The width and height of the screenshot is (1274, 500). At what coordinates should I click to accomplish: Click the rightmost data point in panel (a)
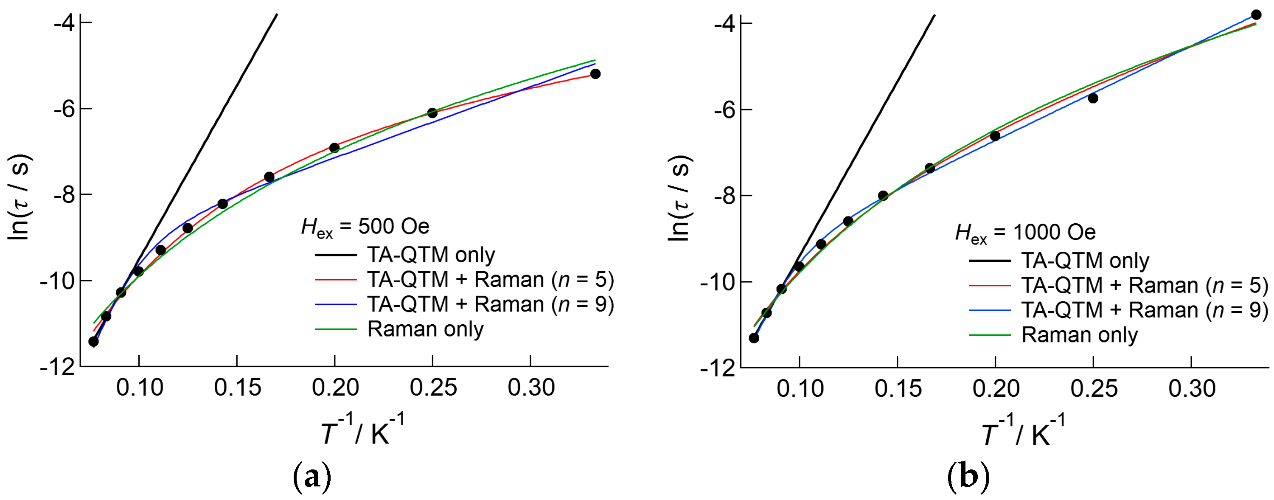tap(595, 74)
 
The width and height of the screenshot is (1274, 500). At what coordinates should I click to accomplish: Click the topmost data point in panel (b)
tap(1256, 15)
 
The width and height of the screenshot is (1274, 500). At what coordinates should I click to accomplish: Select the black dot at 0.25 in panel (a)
tap(432, 113)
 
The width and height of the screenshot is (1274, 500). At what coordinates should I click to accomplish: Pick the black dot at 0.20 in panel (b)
tap(995, 135)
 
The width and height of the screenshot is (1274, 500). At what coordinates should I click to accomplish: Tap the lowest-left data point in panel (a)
tap(93, 342)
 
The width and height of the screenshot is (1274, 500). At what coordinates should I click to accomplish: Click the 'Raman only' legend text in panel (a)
tap(425, 329)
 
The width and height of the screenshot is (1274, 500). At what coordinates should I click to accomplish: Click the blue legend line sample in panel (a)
tap(336, 305)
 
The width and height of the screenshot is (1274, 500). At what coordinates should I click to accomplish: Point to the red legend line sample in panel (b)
tap(990, 286)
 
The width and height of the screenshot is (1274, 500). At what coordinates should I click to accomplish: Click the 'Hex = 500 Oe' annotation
tap(365, 227)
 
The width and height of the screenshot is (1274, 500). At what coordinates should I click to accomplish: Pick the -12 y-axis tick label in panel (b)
tap(718, 368)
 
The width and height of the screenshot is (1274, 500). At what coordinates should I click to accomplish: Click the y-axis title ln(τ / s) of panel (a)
tap(20, 197)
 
